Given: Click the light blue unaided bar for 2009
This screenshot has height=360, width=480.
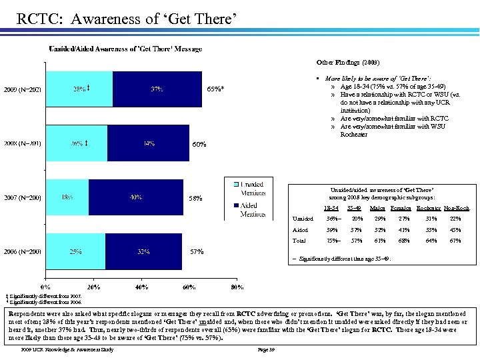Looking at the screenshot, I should (x=79, y=89).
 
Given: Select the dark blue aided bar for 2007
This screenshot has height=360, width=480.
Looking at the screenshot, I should (x=135, y=197).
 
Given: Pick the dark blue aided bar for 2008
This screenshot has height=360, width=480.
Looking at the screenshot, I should (x=149, y=143).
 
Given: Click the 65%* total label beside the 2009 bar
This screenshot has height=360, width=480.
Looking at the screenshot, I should (x=215, y=89).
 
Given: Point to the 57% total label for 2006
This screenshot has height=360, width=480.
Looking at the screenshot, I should (x=197, y=252).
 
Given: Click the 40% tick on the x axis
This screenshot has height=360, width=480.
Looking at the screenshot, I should (x=141, y=287).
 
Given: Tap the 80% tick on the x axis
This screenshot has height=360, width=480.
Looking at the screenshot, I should (x=237, y=287).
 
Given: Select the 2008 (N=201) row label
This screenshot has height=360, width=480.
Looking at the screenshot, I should (x=23, y=143).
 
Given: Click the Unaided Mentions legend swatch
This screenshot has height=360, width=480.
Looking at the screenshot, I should (x=229, y=185).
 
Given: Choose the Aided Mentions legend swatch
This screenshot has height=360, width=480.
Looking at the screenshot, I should (x=229, y=206).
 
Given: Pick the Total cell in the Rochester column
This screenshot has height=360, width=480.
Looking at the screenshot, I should (x=429, y=241).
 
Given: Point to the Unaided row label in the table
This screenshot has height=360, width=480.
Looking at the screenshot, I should (x=303, y=219).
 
